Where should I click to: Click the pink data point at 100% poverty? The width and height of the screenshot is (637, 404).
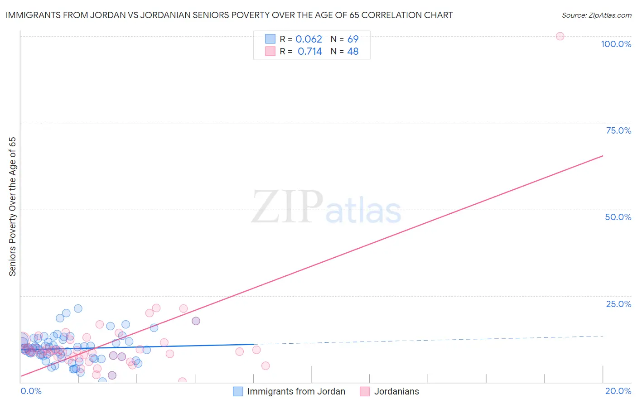tap(560, 36)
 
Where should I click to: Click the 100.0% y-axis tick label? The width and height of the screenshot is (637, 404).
tap(616, 44)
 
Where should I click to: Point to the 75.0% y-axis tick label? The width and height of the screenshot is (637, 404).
tap(618, 130)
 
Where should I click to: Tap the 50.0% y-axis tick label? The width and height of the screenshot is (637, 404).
tap(618, 217)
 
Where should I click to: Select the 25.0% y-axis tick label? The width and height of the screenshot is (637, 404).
tap(618, 303)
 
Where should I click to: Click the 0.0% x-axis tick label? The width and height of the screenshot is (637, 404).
tap(31, 391)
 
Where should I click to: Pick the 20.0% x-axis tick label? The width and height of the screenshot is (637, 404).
tap(618, 391)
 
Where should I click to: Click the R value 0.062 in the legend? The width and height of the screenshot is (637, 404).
tap(309, 39)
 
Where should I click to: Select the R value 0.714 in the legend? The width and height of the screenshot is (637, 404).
tap(309, 52)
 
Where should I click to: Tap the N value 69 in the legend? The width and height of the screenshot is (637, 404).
tap(353, 39)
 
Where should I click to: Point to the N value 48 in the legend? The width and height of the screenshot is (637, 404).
tap(353, 52)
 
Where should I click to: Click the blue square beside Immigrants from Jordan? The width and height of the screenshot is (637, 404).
tap(238, 391)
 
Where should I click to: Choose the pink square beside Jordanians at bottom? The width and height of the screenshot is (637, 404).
tap(365, 391)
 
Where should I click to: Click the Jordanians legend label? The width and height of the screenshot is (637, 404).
tap(396, 391)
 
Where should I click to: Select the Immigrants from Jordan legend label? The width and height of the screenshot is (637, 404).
tap(296, 391)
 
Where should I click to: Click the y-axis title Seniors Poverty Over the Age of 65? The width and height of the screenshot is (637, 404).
tap(13, 207)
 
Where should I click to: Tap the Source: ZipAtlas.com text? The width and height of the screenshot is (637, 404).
tap(596, 15)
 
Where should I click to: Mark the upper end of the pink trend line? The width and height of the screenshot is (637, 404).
tap(603, 156)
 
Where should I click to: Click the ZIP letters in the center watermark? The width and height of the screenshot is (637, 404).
tap(287, 207)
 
